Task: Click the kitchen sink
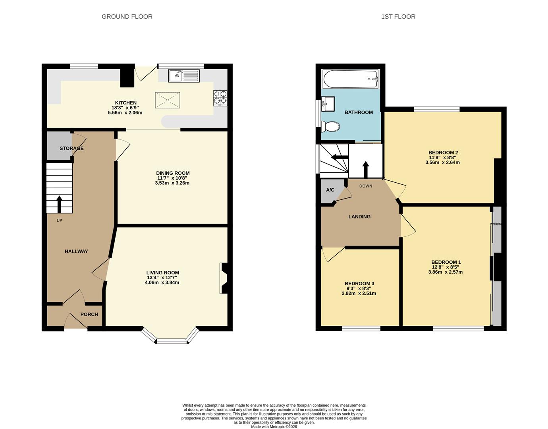184,75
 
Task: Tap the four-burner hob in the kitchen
220,98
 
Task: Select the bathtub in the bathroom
350,79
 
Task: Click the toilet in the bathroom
330,126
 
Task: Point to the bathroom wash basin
328,104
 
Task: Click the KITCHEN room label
125,103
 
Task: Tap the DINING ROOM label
173,173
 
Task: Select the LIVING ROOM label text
163,272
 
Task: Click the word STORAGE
71,148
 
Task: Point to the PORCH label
89,314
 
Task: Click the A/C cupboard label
330,190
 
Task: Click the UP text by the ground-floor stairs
59,221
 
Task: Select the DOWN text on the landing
366,186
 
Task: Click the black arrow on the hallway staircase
59,204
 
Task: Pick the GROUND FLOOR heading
127,17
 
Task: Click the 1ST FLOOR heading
398,17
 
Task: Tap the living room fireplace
224,278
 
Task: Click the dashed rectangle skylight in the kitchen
168,100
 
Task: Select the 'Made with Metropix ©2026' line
274,427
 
